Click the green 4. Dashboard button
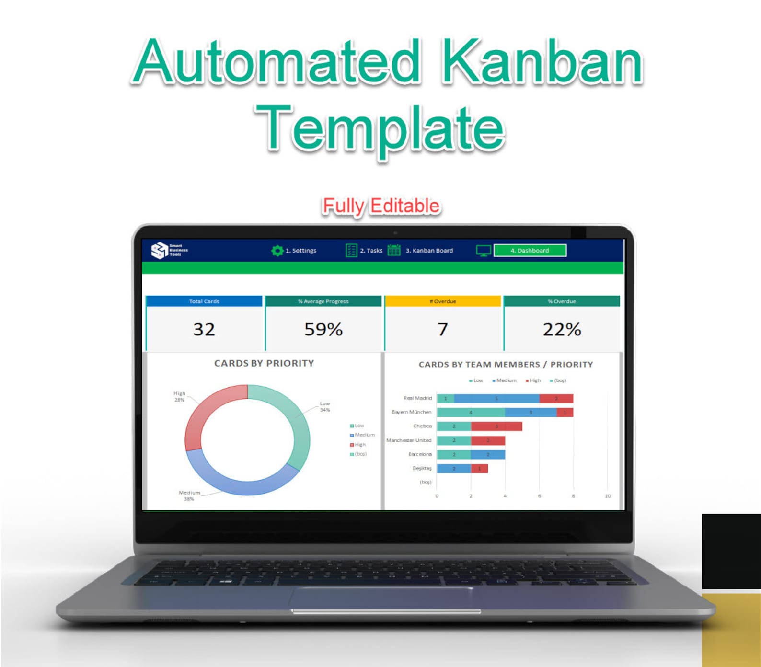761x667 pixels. point(530,251)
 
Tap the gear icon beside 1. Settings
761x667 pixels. point(277,251)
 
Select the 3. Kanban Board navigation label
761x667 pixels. point(429,251)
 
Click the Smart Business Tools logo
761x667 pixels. point(168,250)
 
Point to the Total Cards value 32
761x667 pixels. point(204,329)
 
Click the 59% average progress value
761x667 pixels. point(323,329)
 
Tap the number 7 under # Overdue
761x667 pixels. point(442,329)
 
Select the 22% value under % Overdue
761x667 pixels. point(562,329)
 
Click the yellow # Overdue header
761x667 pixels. point(442,301)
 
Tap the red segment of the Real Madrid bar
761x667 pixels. point(556,398)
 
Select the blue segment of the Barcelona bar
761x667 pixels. point(488,454)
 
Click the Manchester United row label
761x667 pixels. point(409,440)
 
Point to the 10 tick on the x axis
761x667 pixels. point(607,496)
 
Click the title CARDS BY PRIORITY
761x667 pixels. point(264,363)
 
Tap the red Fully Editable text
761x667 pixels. point(381,206)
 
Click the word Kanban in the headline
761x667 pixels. point(542,62)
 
